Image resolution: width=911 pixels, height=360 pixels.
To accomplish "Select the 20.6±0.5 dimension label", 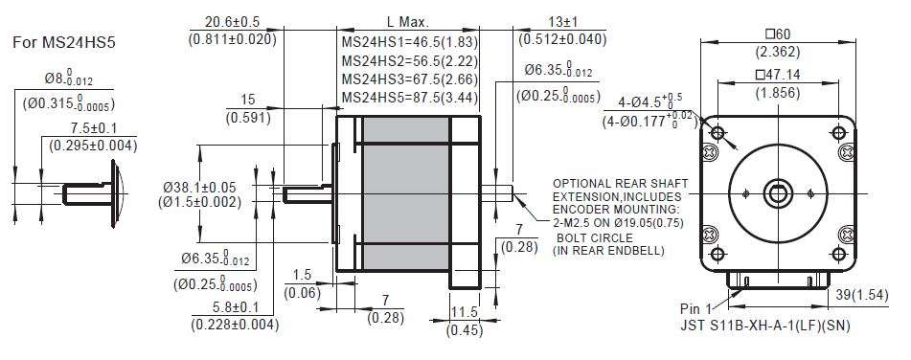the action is coord(232,22).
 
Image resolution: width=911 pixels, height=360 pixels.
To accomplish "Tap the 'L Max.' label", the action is coord(408,22).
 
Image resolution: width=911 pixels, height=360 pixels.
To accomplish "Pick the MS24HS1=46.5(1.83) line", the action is coord(410,42).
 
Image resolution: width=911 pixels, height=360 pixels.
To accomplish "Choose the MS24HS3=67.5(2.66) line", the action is coord(410,79).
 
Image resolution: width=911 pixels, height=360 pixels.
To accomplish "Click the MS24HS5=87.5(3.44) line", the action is coord(410,97).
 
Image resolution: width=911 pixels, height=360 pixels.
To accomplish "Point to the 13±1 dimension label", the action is coord(562,22).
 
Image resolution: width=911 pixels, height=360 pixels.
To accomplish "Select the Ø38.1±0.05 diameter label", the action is coord(200,188).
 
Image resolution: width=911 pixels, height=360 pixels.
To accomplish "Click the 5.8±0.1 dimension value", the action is coord(235,307).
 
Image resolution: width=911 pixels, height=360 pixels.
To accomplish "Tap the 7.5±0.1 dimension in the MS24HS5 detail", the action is coord(94,128).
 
